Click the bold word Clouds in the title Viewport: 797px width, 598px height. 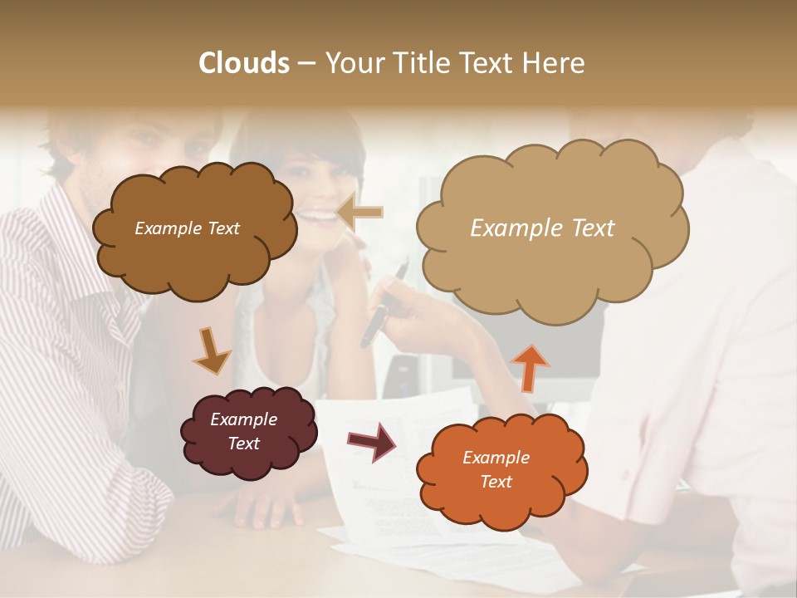243,63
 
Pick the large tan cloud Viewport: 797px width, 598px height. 552,266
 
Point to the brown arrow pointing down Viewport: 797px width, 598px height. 210,351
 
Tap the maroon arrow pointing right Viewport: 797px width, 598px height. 372,442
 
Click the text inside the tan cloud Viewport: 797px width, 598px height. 542,228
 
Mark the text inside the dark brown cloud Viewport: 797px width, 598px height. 187,228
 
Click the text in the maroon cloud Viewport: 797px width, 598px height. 243,432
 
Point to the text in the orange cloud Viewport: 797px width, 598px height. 496,469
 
